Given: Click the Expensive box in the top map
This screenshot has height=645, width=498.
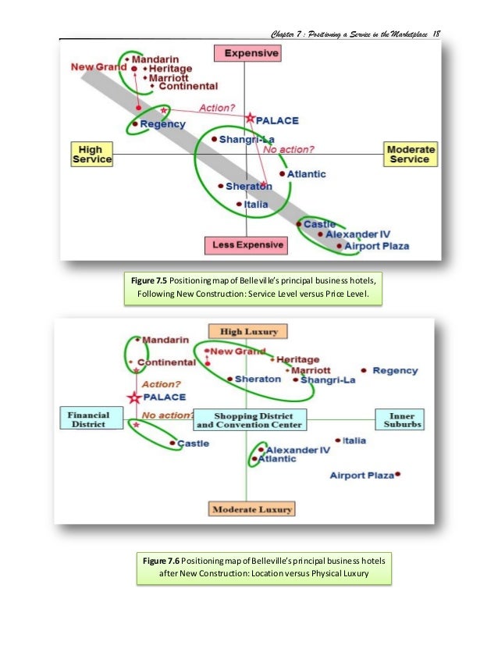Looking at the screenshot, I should tap(246, 54).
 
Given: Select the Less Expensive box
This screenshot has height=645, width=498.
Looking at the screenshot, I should tap(245, 245).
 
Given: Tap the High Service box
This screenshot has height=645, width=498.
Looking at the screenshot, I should tap(92, 153).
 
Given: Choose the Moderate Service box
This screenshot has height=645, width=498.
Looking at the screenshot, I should tap(409, 153).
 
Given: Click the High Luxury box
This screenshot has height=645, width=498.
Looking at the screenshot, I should tap(248, 331).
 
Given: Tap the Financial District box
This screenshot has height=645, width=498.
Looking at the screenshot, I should tap(88, 419).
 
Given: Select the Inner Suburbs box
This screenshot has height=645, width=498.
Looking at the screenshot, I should tap(399, 419).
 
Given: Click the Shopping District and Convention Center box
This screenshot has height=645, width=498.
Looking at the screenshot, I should tap(250, 419).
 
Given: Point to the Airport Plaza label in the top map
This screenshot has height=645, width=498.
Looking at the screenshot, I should tap(378, 246).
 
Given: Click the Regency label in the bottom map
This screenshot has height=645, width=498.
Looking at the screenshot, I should tap(395, 370).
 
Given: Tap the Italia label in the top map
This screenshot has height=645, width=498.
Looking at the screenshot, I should tap(255, 205).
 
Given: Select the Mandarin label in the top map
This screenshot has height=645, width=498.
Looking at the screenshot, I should tap(155, 59).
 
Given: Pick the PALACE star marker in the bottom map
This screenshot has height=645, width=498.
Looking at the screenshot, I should tap(133, 397).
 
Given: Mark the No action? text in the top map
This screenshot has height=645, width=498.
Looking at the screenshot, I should tap(289, 149).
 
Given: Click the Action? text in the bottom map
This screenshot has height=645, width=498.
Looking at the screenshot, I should tap(162, 384).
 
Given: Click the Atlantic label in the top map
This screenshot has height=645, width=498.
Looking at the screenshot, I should tap(306, 174).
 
